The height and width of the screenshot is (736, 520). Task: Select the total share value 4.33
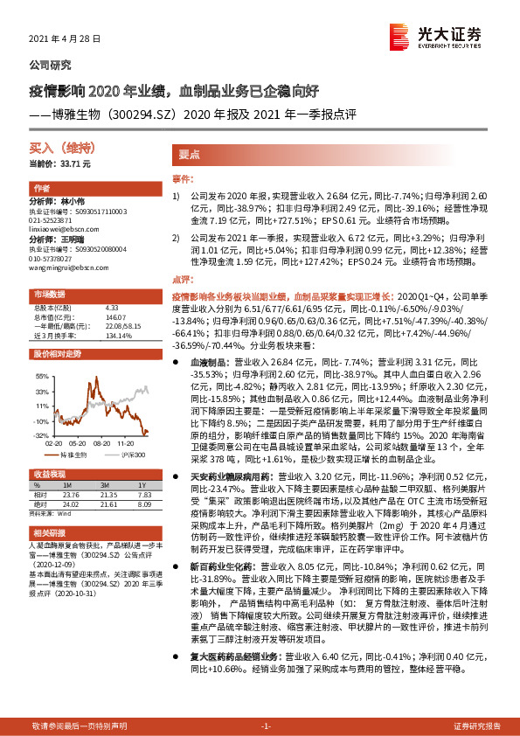(x=111, y=308)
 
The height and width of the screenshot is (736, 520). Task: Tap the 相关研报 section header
(x=50, y=531)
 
